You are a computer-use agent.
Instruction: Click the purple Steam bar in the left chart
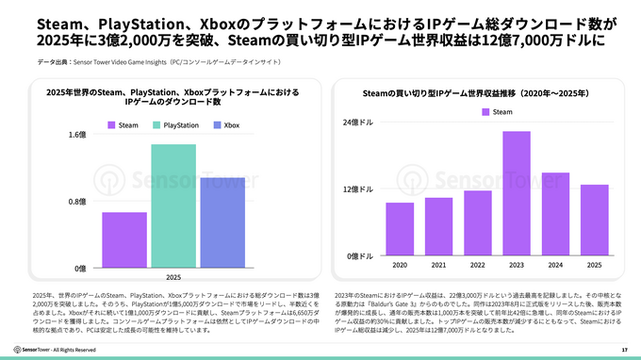pos(124,239)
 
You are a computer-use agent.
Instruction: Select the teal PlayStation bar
pos(173,205)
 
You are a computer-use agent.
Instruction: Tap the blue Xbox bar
pos(222,222)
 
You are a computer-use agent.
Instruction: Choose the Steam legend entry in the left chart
pos(123,124)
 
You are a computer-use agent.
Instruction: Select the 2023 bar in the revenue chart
pos(517,193)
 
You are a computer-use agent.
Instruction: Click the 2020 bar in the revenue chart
pos(400,229)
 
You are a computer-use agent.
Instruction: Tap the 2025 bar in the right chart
pos(594,220)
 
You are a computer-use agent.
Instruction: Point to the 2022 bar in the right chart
pos(478,222)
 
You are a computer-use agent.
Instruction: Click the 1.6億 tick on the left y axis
pos(76,134)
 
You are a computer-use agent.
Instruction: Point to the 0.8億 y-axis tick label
pos(76,202)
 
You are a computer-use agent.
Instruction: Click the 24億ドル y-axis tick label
pos(359,123)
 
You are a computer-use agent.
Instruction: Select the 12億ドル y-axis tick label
pos(359,189)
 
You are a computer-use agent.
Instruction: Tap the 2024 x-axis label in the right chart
pos(555,265)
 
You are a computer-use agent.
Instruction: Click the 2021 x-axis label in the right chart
pos(438,265)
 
